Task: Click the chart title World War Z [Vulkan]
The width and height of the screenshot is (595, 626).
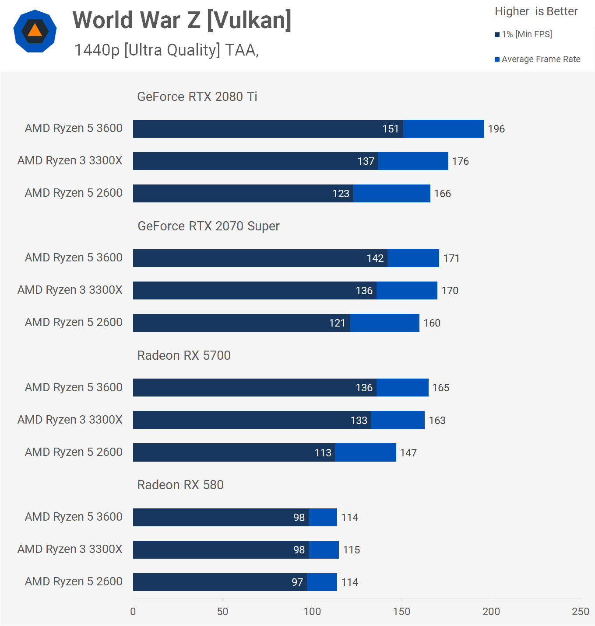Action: [182, 21]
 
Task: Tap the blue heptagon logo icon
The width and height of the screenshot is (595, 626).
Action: [35, 31]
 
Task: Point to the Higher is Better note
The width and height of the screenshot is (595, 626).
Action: [536, 11]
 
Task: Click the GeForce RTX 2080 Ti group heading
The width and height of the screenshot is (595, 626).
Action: [197, 97]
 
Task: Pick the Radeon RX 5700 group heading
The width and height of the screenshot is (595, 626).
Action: [184, 355]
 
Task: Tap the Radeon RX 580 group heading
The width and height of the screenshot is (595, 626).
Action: [180, 485]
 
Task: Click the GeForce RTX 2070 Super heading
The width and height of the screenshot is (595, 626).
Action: [208, 226]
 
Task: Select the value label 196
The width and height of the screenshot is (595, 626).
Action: [496, 129]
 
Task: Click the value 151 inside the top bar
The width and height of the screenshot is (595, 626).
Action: [391, 129]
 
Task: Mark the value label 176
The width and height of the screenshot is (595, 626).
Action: [460, 161]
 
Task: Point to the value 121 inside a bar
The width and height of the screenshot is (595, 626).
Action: [337, 323]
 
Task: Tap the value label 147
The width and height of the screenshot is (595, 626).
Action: [408, 453]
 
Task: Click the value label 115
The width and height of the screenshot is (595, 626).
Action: [351, 550]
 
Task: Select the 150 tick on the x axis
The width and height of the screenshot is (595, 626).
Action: [401, 612]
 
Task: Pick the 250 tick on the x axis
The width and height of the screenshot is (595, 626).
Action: [581, 612]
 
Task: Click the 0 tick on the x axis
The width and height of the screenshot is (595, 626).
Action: [133, 612]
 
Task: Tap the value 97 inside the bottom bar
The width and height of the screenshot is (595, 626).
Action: [297, 582]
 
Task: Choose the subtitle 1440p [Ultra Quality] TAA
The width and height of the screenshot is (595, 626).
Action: [166, 50]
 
